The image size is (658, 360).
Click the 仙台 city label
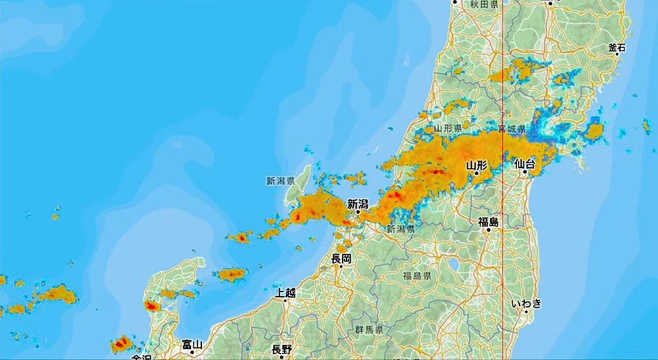pyautogui.click(x=524, y=163)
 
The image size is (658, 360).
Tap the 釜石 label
pyautogui.click(x=617, y=47)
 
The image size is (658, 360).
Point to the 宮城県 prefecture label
pyautogui.click(x=511, y=128)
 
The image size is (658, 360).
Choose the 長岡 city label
pyautogui.click(x=342, y=258)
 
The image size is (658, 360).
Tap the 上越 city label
pyautogui.click(x=286, y=292)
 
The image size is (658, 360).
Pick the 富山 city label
pyautogui.click(x=192, y=344)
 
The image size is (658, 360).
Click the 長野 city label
pyautogui.click(x=282, y=349)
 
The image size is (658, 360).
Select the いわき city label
pyautogui.click(x=526, y=303)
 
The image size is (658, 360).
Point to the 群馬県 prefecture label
pyautogui.click(x=370, y=328)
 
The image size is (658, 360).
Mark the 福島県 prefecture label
pyautogui.click(x=417, y=276)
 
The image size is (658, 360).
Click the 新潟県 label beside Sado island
pyautogui.click(x=280, y=180)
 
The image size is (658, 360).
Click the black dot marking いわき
pyautogui.click(x=526, y=312)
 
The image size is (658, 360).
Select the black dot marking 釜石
pyautogui.click(x=617, y=55)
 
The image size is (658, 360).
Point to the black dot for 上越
pyautogui.click(x=286, y=300)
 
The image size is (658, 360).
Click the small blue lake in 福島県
pyautogui.click(x=453, y=265)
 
